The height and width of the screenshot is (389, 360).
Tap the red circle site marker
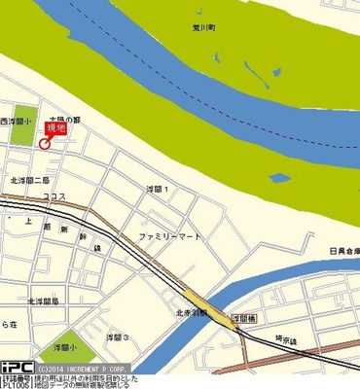coord(44,145)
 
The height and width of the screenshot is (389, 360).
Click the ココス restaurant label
coord(54,196)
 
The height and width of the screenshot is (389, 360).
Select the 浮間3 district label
coord(117,337)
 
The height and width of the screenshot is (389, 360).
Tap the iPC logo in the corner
coord(17,367)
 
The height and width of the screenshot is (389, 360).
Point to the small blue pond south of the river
coord(279,178)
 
